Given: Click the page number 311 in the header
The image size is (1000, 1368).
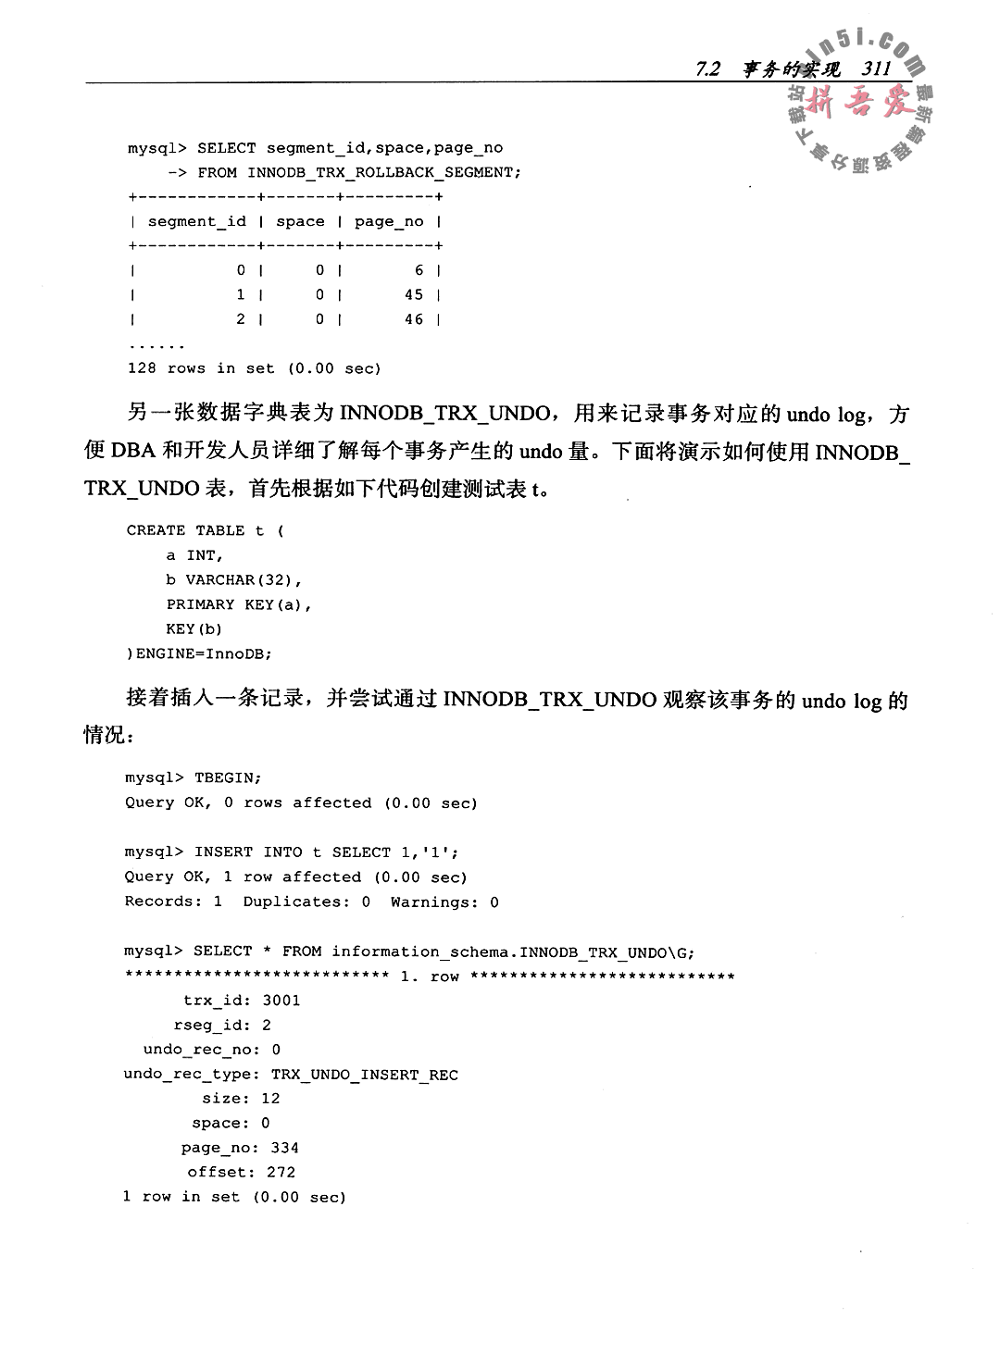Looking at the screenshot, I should point(875,69).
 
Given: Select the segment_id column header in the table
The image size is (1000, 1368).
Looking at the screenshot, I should point(197,221).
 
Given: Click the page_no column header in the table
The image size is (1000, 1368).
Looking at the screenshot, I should point(389,221).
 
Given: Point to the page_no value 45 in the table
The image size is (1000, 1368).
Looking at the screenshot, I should point(414,294).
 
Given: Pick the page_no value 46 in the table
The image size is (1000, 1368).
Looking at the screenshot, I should point(414,319).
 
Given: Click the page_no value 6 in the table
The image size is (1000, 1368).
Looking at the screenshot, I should point(419,270).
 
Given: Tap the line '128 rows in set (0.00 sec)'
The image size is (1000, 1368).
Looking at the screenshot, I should point(254,368).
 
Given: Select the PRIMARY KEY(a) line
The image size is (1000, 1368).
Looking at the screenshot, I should point(238,604).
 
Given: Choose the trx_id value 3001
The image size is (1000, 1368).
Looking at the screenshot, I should point(281,1001).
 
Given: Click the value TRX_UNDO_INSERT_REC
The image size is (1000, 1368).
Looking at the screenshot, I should point(364,1075).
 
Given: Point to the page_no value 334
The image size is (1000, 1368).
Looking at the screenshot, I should point(284,1148).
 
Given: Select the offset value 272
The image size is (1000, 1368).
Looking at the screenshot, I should point(281,1172).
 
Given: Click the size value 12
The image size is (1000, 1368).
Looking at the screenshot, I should point(270,1099).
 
